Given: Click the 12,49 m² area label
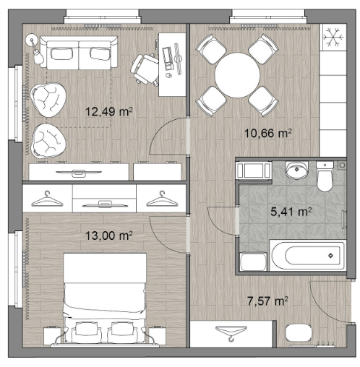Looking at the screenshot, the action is (109, 111).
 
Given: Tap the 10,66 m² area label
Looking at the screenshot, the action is (268, 133).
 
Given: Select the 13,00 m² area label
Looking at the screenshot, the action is (109, 236).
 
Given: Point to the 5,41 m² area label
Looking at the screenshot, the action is (291, 212).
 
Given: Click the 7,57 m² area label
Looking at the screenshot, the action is (267, 301).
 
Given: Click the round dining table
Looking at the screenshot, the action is (237, 75).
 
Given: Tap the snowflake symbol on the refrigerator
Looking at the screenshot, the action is (333, 37).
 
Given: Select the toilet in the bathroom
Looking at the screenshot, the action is (325, 176).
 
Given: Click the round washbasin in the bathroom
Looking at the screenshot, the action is (297, 170).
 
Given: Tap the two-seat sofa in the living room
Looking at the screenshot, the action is (79, 53).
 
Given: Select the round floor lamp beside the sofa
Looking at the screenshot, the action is (32, 40).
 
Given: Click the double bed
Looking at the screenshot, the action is (105, 298).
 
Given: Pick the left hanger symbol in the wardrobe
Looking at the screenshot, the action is (47, 199).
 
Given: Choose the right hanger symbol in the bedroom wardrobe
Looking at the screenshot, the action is (162, 199).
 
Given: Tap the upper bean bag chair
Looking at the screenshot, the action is (48, 100).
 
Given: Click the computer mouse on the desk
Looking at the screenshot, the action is (169, 75).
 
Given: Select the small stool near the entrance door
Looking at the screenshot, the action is (299, 333).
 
